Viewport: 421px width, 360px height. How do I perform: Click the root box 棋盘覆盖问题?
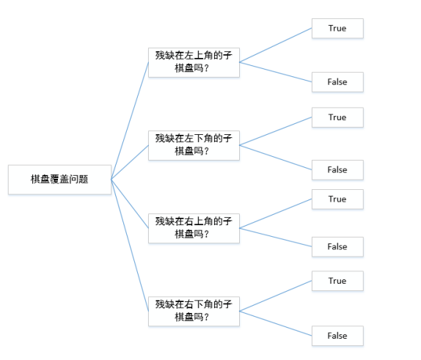(59, 180)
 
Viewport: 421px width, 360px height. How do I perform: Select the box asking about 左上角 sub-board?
(194, 62)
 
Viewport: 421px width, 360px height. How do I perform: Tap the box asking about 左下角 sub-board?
(194, 145)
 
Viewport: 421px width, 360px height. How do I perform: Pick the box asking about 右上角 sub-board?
(194, 228)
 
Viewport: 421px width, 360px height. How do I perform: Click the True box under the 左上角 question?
(337, 29)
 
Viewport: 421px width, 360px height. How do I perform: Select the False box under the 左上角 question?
(337, 82)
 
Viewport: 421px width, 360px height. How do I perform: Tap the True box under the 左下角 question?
(337, 117)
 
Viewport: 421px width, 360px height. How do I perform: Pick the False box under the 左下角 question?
(337, 170)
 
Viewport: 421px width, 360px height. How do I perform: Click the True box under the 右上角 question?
(337, 199)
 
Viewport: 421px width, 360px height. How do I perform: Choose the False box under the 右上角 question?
(337, 247)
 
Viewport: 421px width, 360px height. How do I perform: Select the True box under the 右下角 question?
(337, 281)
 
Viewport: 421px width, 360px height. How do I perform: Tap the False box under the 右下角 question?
(337, 336)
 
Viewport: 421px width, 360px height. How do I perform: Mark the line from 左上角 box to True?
(276, 45)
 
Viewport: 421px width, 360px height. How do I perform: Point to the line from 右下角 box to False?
(276, 323)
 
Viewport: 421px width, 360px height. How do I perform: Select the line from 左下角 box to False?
(276, 157)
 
